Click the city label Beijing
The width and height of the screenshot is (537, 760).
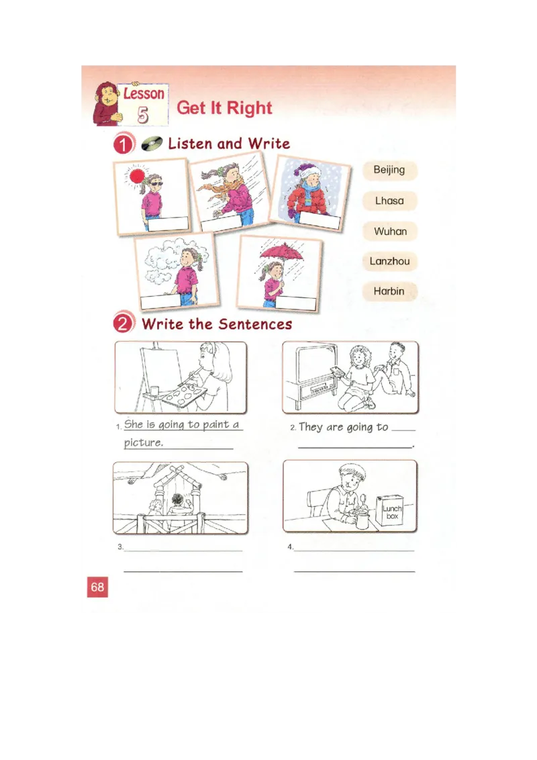click(389, 170)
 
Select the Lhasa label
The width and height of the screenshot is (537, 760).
click(389, 201)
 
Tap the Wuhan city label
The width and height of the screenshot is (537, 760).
click(390, 231)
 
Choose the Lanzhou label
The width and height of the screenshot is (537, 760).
click(389, 261)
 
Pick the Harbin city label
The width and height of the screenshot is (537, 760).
click(389, 291)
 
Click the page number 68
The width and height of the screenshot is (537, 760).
click(97, 587)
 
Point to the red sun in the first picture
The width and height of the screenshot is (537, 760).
click(138, 177)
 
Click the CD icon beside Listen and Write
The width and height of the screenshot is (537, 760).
click(152, 143)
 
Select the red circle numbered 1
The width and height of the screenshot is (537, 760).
click(122, 144)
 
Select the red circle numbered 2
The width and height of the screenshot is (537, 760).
click(123, 324)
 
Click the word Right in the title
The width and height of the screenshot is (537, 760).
click(249, 108)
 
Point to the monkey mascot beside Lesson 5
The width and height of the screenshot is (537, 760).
click(105, 104)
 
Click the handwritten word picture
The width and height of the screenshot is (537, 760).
click(143, 443)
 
